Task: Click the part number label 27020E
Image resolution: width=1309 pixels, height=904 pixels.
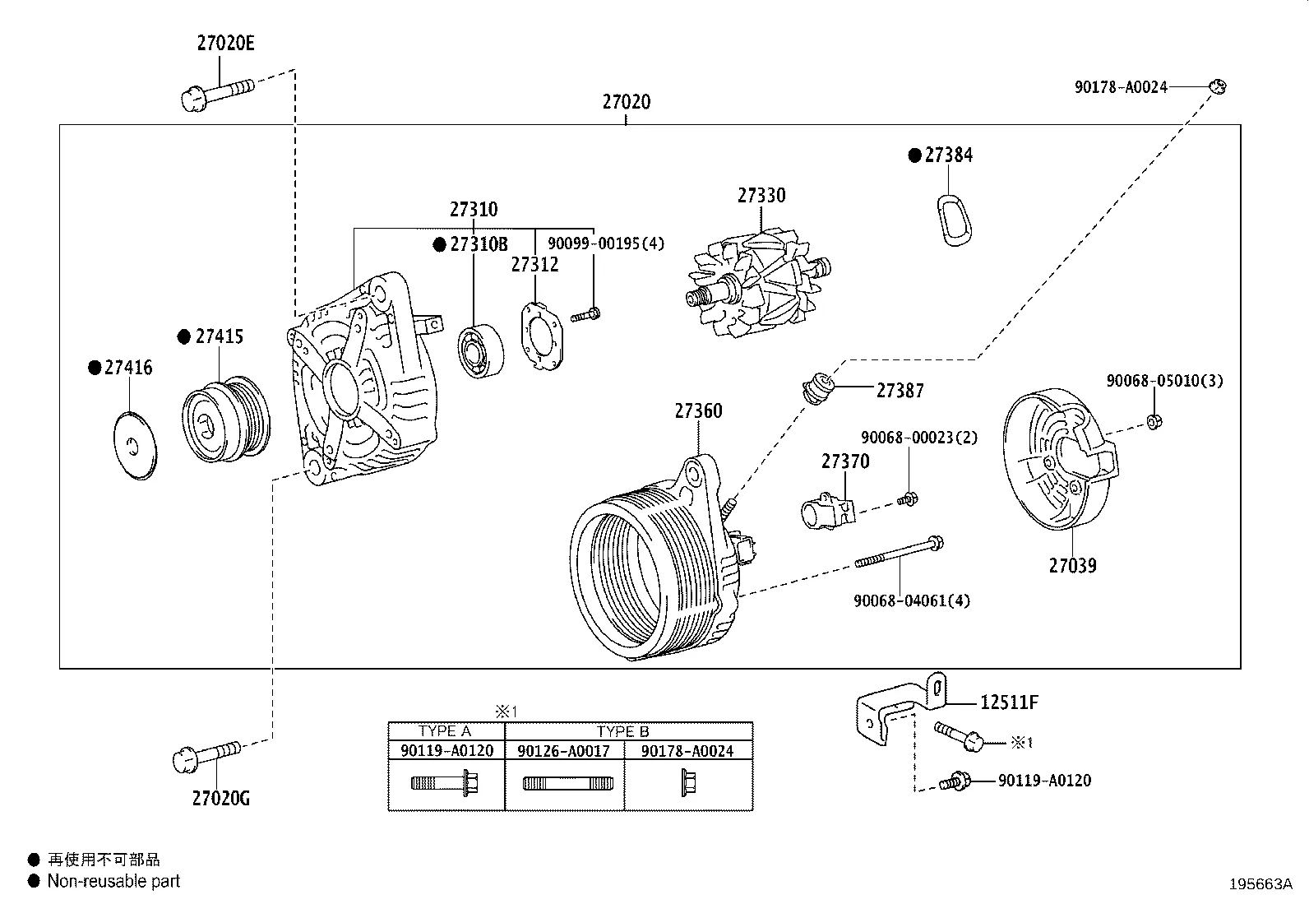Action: click(225, 43)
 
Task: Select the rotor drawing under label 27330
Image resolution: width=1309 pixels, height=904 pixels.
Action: click(758, 284)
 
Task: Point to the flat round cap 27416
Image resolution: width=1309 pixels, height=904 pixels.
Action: click(134, 444)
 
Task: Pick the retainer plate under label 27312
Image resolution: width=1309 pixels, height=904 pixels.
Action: click(543, 337)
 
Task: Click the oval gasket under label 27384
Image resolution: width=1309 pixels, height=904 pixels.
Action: click(952, 220)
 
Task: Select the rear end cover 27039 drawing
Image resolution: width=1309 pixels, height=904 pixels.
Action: click(1059, 459)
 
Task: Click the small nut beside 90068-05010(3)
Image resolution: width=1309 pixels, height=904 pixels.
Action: click(1154, 421)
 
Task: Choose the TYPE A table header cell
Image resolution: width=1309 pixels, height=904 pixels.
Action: click(445, 731)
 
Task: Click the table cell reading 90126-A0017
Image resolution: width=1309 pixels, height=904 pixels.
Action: click(563, 750)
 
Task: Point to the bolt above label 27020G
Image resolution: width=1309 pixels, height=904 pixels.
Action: click(206, 755)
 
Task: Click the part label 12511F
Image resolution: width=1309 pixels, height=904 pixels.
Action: click(1009, 702)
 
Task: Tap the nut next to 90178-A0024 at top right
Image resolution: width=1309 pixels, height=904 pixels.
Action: click(1218, 86)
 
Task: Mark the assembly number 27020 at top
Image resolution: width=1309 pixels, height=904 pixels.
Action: click(626, 102)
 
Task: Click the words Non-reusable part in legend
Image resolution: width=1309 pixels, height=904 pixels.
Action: click(113, 881)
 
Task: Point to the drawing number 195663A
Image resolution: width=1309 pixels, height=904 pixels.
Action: click(1260, 884)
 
